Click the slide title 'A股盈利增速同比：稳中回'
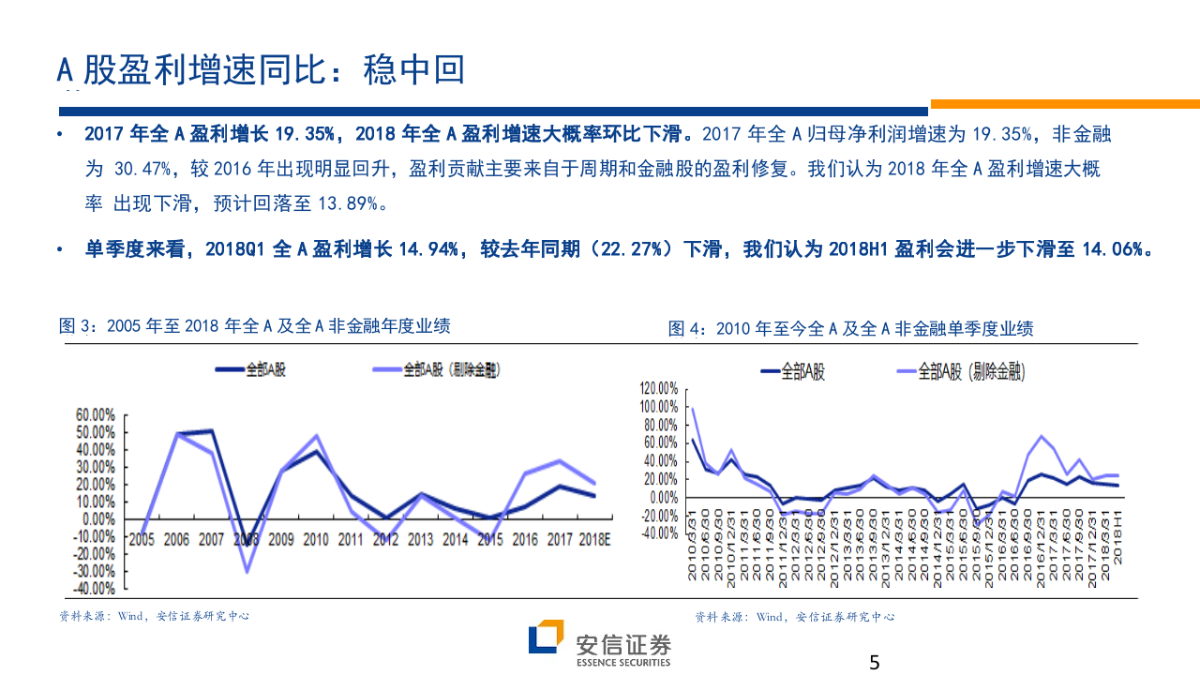click(x=262, y=69)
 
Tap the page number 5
click(x=875, y=663)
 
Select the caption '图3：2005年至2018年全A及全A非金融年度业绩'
click(x=255, y=326)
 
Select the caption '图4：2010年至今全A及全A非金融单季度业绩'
click(x=850, y=328)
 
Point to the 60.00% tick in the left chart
click(x=96, y=414)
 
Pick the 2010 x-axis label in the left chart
click(x=316, y=539)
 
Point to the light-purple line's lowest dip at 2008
click(x=247, y=571)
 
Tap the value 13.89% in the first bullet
click(x=345, y=203)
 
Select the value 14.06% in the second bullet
click(x=1117, y=249)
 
